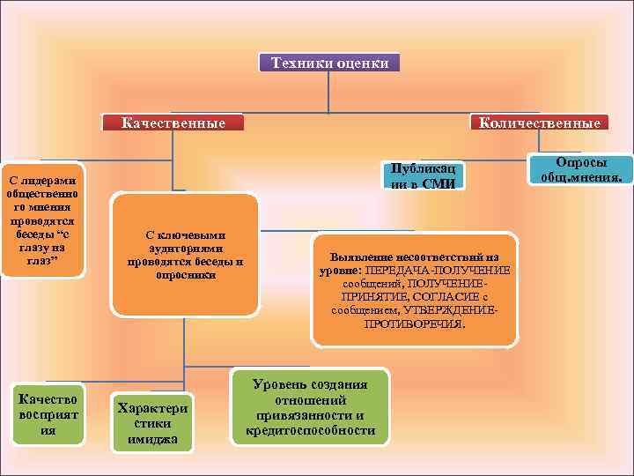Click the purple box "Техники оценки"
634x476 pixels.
pos(328,63)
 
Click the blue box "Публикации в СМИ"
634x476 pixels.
pos(422,175)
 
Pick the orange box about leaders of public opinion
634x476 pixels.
pos(41,221)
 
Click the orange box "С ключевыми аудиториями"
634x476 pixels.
pos(185,256)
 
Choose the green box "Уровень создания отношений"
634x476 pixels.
pos(310,407)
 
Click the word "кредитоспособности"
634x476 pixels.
pos(310,431)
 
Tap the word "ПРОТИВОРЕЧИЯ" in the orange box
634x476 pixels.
pos(415,324)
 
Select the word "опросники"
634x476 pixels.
pos(185,275)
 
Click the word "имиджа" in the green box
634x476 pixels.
pos(152,439)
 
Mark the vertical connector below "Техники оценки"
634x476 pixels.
pos(328,92)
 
